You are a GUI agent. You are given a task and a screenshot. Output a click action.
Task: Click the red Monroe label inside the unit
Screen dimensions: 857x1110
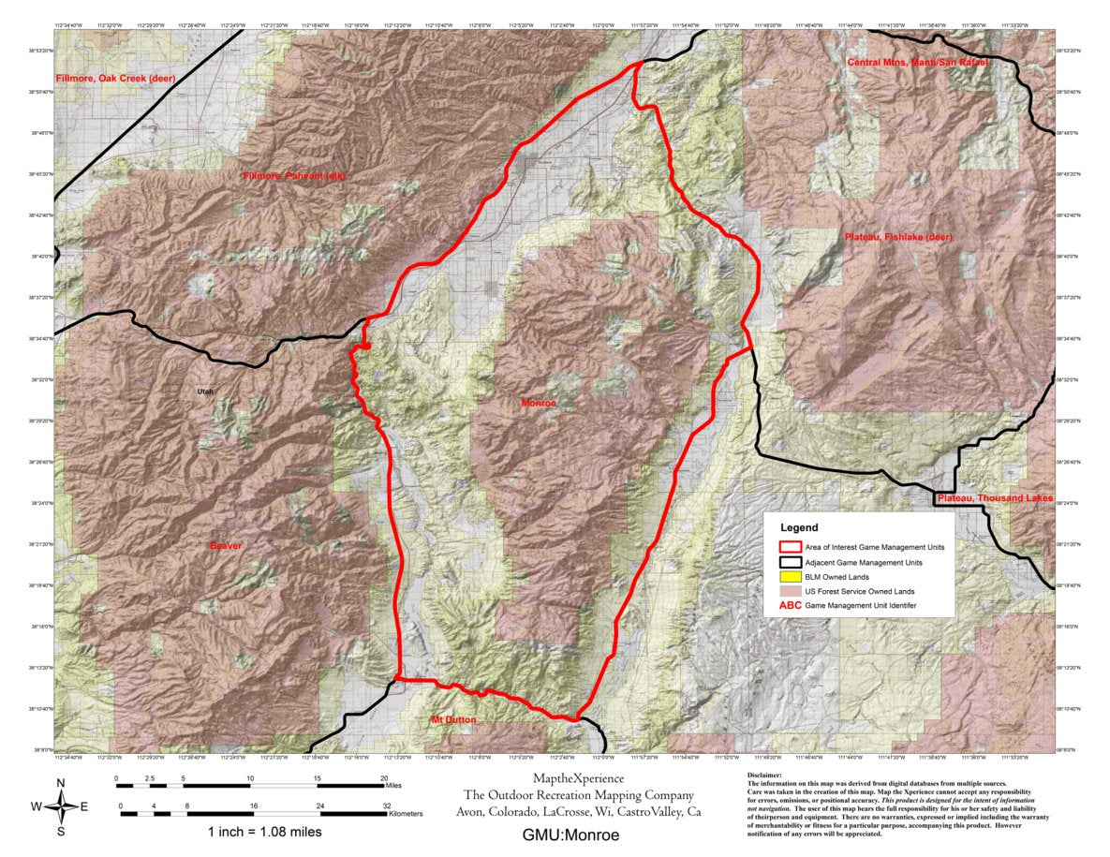[539, 403]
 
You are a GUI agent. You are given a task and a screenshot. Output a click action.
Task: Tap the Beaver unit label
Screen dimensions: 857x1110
[225, 545]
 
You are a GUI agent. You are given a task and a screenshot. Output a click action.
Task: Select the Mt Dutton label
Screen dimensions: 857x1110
[453, 719]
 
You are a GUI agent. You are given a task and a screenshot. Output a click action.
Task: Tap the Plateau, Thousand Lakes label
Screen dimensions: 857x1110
[994, 498]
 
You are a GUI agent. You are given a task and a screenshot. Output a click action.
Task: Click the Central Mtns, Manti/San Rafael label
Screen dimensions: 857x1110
[917, 62]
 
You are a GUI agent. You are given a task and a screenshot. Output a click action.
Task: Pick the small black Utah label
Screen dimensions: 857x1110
[205, 392]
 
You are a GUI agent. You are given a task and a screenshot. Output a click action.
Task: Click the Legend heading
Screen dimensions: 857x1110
[798, 528]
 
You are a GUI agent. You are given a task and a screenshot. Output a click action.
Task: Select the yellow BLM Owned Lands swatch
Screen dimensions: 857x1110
[792, 577]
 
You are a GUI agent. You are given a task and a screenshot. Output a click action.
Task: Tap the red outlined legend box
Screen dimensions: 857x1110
[792, 547]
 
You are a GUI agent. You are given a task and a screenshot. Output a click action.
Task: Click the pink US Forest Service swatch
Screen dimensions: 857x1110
[792, 592]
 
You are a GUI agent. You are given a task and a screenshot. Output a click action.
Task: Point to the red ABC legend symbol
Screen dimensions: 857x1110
[791, 607]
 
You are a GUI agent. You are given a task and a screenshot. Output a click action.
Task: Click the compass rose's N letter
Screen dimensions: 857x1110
[61, 783]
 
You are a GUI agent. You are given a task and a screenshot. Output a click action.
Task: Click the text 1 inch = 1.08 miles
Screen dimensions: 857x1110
[266, 831]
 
